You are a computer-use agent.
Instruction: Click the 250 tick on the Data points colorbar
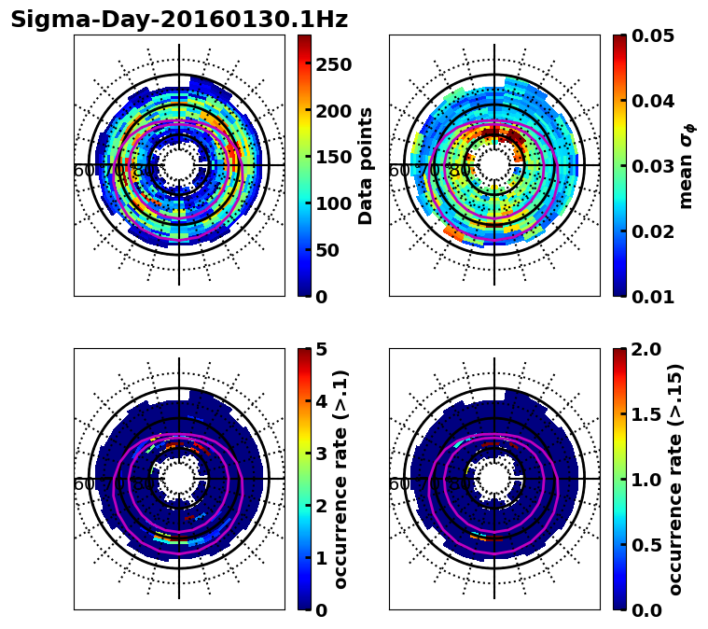332,64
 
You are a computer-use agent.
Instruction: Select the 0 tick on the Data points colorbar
320,297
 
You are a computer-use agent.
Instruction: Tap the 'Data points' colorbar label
366,165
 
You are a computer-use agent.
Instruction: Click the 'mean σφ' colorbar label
686,165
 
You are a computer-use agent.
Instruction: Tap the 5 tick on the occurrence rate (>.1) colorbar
320,349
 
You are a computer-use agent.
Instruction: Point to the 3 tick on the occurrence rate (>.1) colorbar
320,454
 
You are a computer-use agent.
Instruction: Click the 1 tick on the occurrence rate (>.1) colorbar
320,558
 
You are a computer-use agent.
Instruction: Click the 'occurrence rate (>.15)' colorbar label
675,479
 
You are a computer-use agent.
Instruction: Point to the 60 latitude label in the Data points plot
84,171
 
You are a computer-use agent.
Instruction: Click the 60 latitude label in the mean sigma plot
399,171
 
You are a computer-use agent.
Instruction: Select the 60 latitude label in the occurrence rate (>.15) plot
399,484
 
